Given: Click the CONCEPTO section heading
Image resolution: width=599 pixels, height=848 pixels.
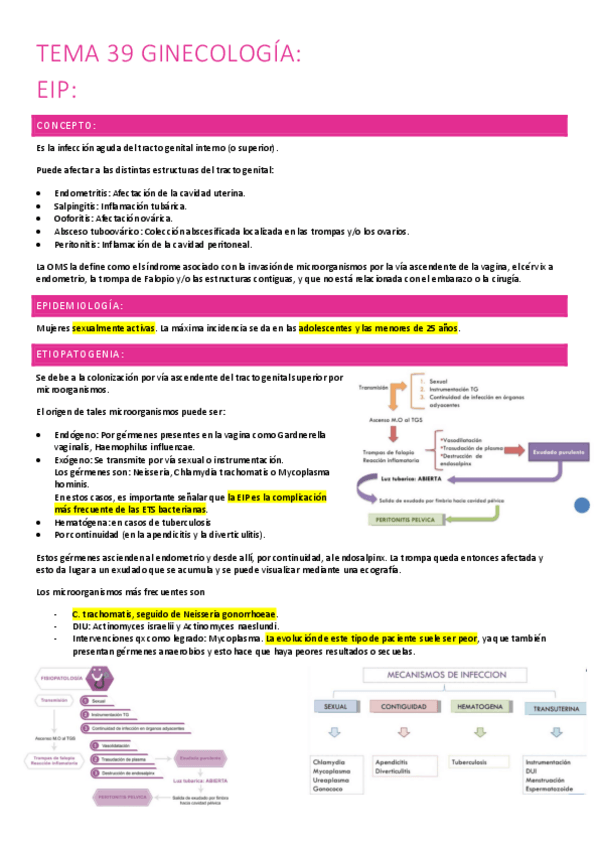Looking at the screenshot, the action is click(66, 126).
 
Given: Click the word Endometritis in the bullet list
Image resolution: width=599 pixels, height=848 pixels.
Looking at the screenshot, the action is click(81, 192).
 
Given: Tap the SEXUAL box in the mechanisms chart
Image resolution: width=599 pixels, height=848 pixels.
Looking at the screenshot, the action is click(334, 707).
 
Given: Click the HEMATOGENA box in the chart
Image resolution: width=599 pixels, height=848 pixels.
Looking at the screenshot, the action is click(475, 707).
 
